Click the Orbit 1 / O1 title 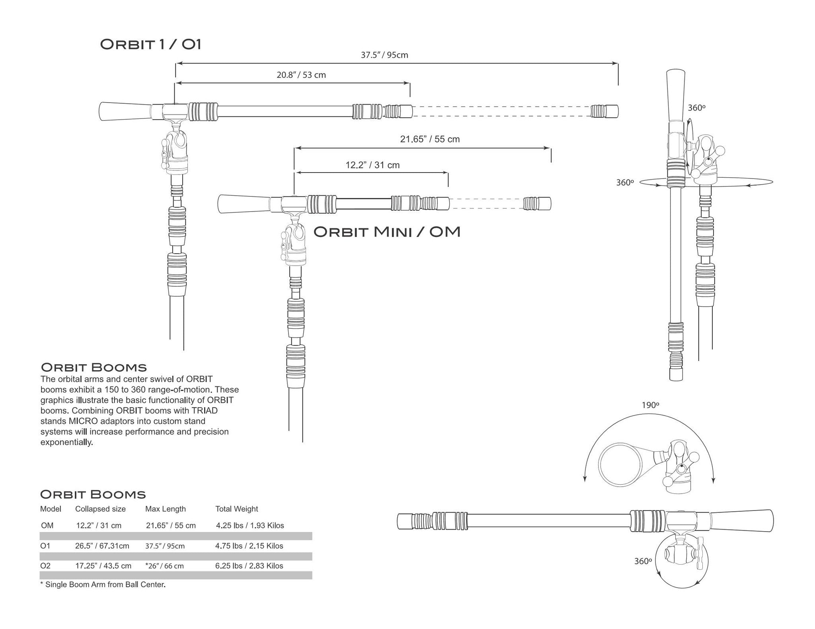point(150,44)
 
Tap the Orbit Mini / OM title point(387,232)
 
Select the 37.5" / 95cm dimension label point(384,55)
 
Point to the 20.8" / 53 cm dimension point(301,75)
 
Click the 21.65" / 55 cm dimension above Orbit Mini point(430,139)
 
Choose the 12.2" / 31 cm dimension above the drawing point(372,165)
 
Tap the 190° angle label point(650,405)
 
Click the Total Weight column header point(236,509)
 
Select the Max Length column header point(165,509)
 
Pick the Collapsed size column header point(100,509)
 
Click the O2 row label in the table point(45,565)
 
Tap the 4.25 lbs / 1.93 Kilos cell point(250,525)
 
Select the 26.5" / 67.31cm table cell point(102,546)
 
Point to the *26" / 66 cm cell point(165,565)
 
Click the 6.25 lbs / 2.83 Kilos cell point(249,565)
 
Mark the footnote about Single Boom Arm point(103,584)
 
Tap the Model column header point(51,509)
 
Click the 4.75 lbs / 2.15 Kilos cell point(249,546)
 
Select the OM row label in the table point(47,525)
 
